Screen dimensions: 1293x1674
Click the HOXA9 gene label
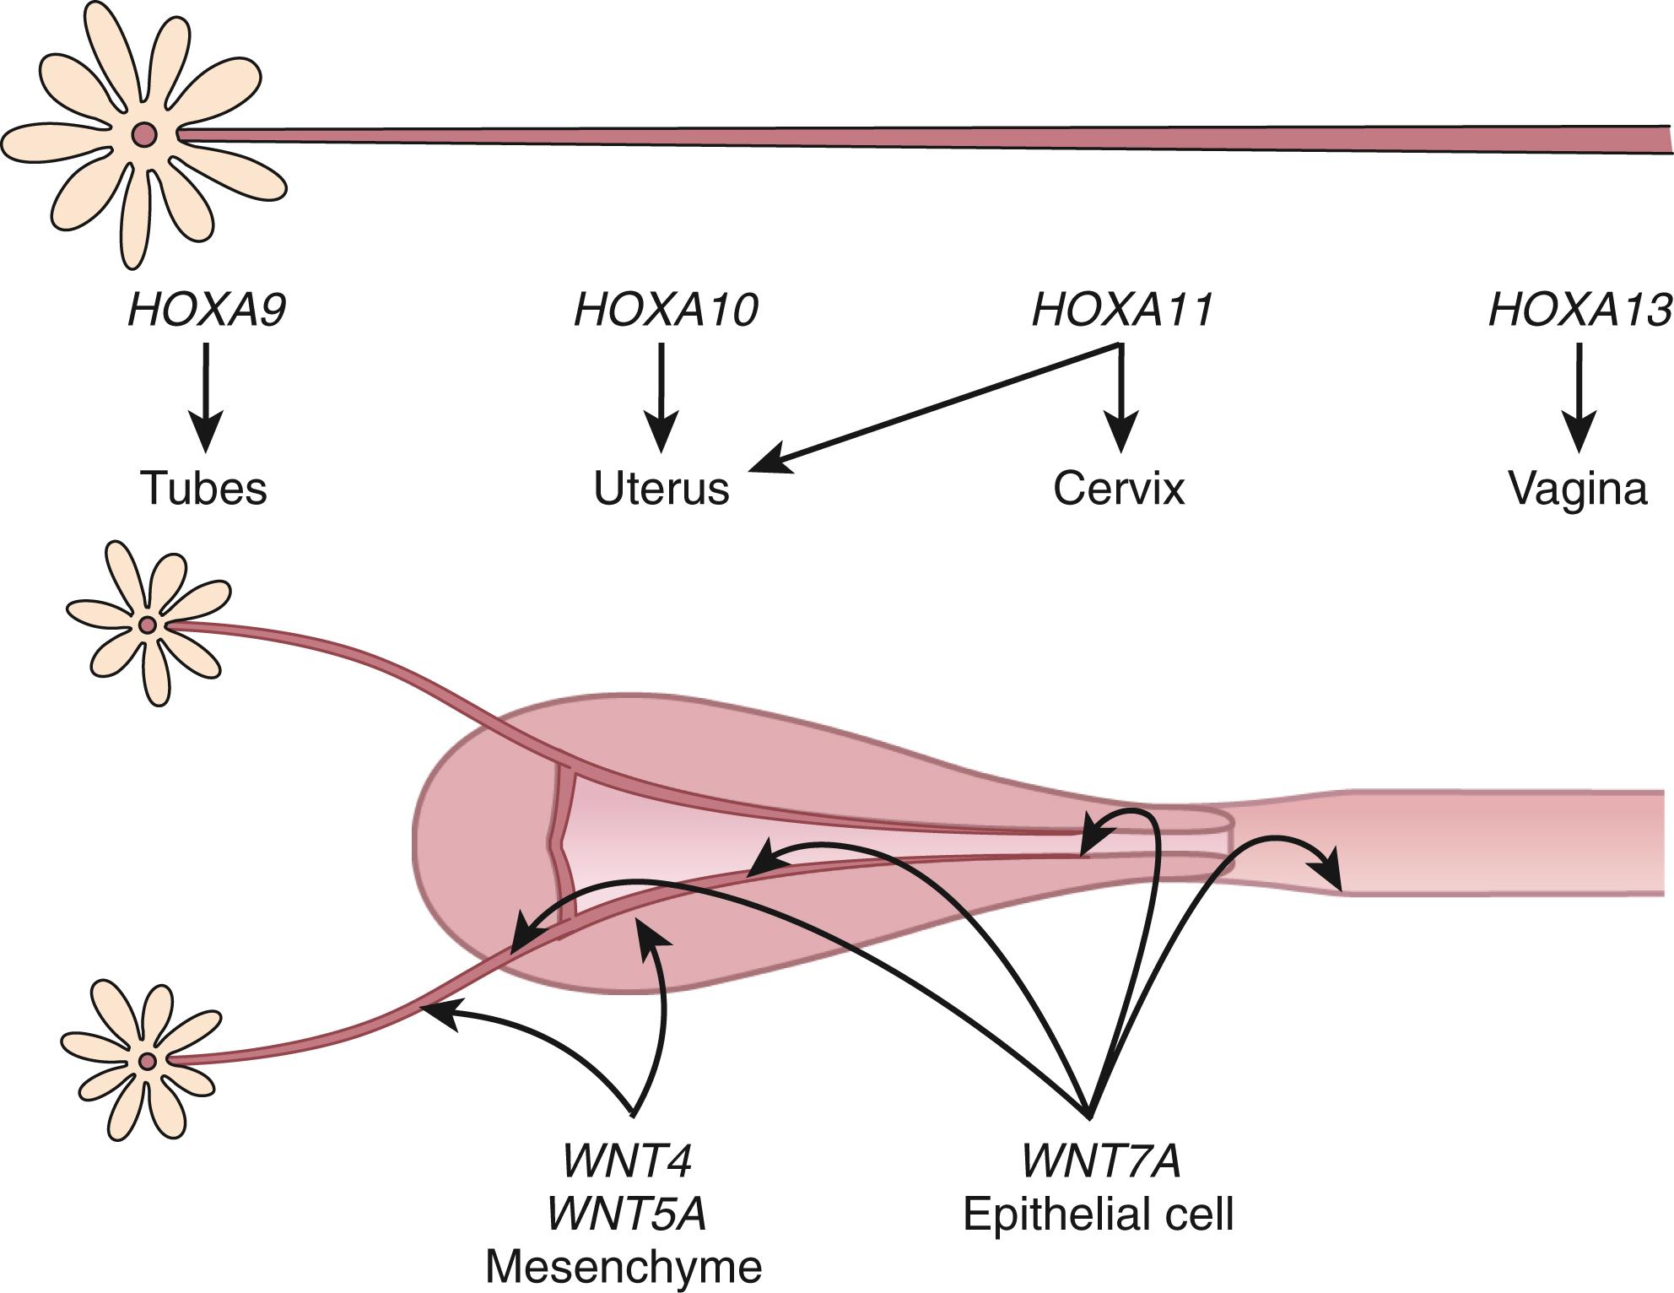(207, 310)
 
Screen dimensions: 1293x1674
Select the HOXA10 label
(666, 310)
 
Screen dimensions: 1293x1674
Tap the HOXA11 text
(1123, 310)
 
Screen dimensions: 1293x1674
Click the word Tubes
(203, 488)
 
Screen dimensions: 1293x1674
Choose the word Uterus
(661, 488)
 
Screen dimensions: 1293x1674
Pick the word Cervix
(1119, 488)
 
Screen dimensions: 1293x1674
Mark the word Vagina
(1578, 488)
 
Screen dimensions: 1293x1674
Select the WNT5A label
(627, 1214)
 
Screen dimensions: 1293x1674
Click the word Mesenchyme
(624, 1267)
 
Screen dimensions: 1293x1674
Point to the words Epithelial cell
(1099, 1215)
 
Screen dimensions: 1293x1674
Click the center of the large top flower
(144, 134)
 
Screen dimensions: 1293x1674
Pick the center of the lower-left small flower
(148, 1061)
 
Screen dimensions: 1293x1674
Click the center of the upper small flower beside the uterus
(148, 625)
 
